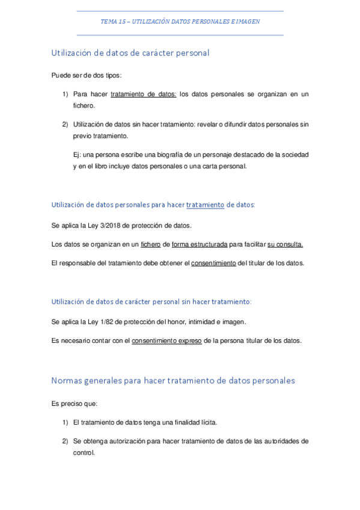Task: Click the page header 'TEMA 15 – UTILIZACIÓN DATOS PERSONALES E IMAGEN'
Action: [180, 21]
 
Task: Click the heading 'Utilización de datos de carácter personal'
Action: [130, 53]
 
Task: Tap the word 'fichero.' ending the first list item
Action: [84, 105]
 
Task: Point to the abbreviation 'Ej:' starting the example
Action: [78, 155]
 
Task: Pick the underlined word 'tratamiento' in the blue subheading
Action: [205, 205]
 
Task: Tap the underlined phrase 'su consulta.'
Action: [285, 244]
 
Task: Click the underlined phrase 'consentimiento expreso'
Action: [167, 341]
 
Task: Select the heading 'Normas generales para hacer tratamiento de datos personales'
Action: [173, 381]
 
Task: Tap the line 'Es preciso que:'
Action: [75, 404]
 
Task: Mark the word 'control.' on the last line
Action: [84, 452]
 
